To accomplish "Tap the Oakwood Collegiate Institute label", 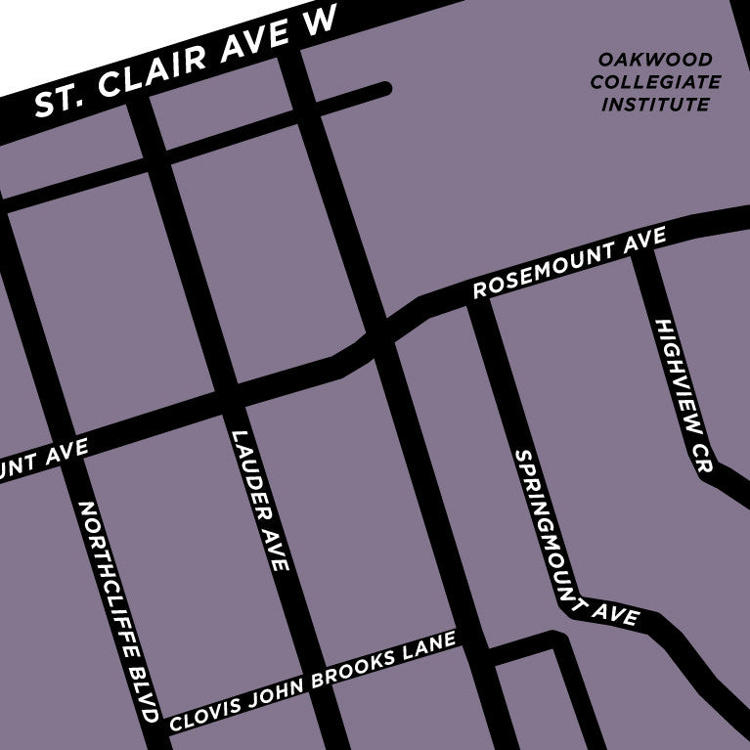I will (655, 82).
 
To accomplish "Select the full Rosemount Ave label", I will (569, 264).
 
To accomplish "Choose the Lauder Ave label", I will (259, 499).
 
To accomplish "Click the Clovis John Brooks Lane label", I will (313, 683).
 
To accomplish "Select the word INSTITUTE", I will (655, 104).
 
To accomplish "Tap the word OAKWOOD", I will (656, 61).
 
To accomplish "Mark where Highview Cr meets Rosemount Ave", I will (645, 244).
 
